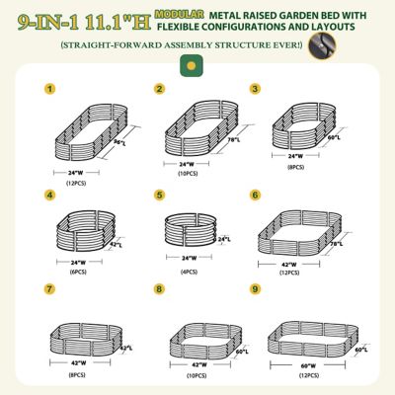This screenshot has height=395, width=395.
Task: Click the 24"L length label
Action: (224, 238)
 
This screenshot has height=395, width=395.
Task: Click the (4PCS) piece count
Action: (189, 272)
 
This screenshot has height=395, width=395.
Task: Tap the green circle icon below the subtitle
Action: (186, 65)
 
